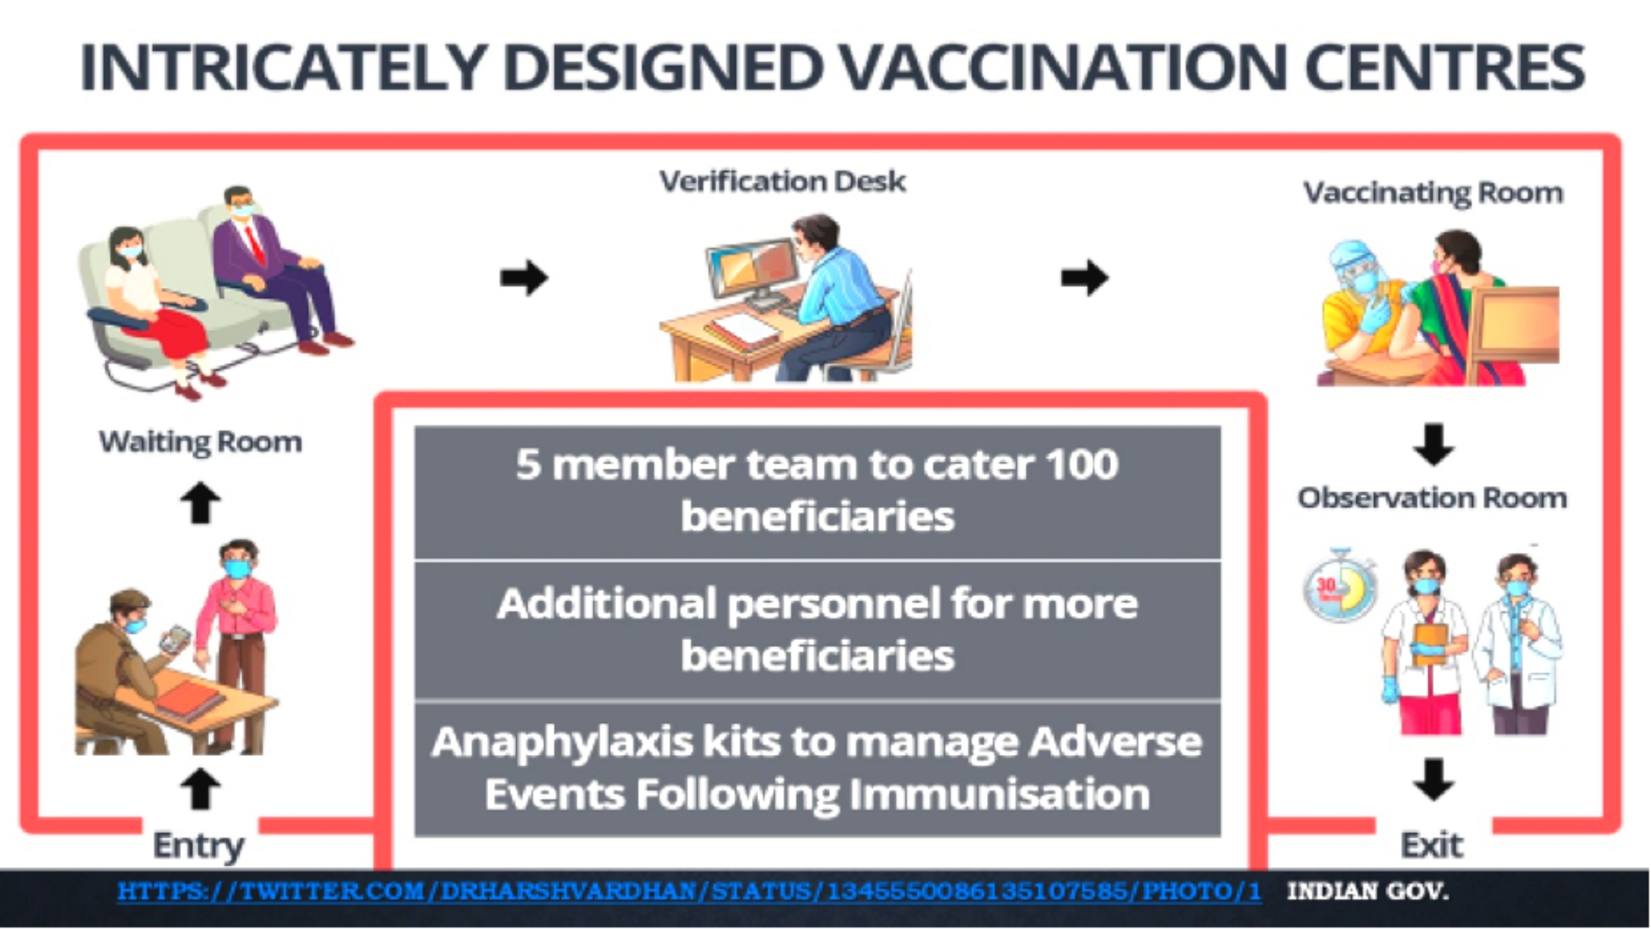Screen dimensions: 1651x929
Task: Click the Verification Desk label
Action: pyautogui.click(x=782, y=181)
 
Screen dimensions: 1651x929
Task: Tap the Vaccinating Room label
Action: pyautogui.click(x=1433, y=193)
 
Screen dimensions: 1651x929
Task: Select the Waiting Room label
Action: pyautogui.click(x=200, y=442)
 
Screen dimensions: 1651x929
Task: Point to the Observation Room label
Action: pyautogui.click(x=1432, y=498)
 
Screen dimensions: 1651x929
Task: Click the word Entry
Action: pyautogui.click(x=198, y=845)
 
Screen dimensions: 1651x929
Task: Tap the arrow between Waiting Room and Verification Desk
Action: pyautogui.click(x=524, y=278)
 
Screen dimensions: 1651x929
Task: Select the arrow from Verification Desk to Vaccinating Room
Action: pyautogui.click(x=1085, y=278)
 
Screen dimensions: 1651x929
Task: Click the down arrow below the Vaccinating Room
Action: pyautogui.click(x=1434, y=445)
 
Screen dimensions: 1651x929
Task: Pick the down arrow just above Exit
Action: pyautogui.click(x=1434, y=780)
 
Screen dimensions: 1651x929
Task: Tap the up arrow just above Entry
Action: pyautogui.click(x=200, y=788)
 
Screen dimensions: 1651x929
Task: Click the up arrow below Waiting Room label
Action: pyautogui.click(x=200, y=503)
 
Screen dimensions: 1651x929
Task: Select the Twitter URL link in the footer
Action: pyautogui.click(x=689, y=892)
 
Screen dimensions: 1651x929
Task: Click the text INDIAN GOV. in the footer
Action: pyautogui.click(x=1368, y=892)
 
